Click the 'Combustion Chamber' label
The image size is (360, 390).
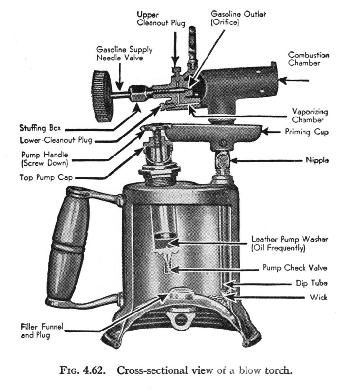point(308,59)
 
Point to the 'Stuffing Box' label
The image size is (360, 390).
point(41,129)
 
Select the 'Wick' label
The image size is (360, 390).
point(318,296)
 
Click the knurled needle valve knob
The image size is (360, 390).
point(101,96)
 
